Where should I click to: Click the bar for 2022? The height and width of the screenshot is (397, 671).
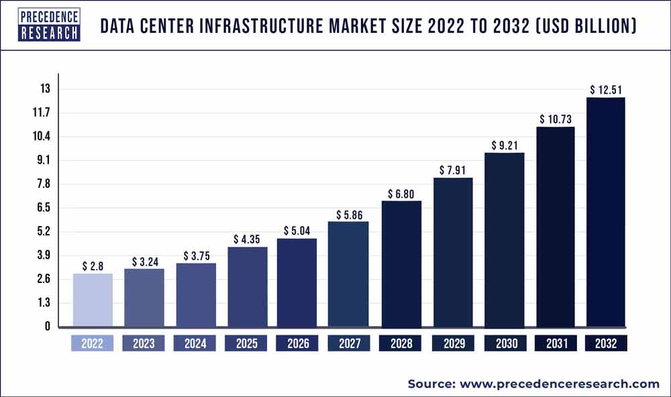(x=93, y=300)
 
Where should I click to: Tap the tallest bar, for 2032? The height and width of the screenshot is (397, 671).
(x=606, y=212)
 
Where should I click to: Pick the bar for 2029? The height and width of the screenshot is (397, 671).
(x=452, y=252)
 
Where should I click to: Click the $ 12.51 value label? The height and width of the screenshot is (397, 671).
(x=606, y=89)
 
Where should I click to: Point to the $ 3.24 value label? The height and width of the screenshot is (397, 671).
(x=144, y=260)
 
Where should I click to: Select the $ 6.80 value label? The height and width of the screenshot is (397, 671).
(x=401, y=193)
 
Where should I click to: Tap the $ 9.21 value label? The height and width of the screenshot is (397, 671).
(x=504, y=145)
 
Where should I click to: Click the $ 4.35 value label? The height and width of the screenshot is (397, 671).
(x=247, y=239)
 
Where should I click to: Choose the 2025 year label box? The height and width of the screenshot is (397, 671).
(x=247, y=343)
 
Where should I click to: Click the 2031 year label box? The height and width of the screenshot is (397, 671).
(x=555, y=343)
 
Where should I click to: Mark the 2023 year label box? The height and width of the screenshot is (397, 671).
(x=144, y=343)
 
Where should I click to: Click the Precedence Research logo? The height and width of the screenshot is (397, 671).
(x=49, y=25)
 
